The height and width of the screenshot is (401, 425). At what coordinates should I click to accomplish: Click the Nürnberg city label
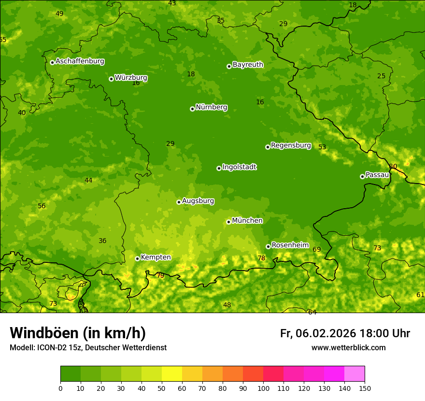(x=211, y=107)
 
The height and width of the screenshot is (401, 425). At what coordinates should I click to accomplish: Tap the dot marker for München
(x=228, y=222)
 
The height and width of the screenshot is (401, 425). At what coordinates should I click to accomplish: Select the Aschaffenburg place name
(x=80, y=61)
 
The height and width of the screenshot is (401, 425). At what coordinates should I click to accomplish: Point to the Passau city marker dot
(x=362, y=176)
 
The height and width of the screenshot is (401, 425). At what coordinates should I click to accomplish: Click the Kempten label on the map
(x=156, y=258)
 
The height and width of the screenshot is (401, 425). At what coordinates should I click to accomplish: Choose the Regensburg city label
(x=291, y=145)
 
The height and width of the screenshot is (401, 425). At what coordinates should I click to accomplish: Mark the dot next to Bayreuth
(x=229, y=66)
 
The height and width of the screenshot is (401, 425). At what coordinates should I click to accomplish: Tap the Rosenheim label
(x=290, y=245)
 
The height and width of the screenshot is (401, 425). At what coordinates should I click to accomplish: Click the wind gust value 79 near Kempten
(x=160, y=275)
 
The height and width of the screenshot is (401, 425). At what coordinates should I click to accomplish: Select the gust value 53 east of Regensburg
(x=322, y=147)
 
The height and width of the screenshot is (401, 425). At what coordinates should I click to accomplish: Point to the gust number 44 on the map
(x=88, y=180)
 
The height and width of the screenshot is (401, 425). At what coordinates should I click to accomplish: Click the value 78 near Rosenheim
(x=261, y=258)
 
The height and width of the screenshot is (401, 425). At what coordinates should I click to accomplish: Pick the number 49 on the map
(x=59, y=14)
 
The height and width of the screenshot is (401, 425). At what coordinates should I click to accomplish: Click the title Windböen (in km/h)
(x=78, y=333)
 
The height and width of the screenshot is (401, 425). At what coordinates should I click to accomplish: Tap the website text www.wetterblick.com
(x=348, y=348)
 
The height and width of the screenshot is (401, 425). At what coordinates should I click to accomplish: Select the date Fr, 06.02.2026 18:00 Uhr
(x=345, y=333)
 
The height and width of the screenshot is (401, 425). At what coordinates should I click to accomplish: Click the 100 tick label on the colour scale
(x=263, y=388)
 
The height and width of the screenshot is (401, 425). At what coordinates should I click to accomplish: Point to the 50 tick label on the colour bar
(x=162, y=388)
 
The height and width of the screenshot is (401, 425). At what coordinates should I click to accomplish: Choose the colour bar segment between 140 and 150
(x=354, y=374)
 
